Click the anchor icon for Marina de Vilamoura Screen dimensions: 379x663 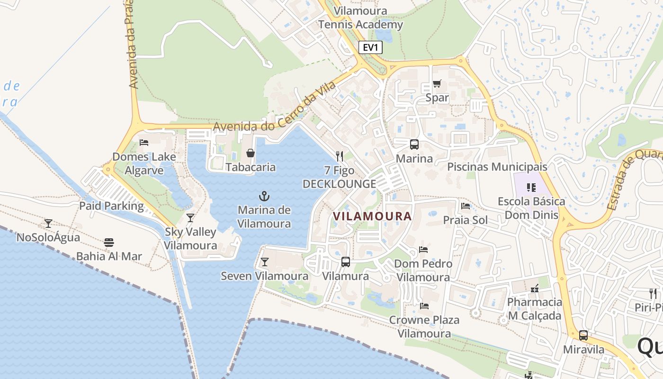click(x=264, y=196)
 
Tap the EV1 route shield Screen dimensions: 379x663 click(x=370, y=47)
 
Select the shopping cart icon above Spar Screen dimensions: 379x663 click(x=437, y=84)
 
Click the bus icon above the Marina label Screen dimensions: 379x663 click(x=414, y=144)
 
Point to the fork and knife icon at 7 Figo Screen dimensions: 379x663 click(x=339, y=156)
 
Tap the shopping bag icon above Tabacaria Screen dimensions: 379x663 click(x=250, y=153)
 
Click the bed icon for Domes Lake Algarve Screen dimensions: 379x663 click(x=144, y=142)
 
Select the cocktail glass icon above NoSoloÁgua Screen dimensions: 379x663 click(x=48, y=223)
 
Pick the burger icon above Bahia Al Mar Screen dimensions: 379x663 click(x=109, y=243)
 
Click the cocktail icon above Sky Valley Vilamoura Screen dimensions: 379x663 click(x=190, y=217)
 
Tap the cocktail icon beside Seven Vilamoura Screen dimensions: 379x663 click(x=264, y=262)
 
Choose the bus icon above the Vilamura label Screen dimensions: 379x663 click(x=346, y=262)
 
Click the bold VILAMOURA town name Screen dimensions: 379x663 click(x=372, y=216)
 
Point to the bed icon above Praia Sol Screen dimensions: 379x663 click(x=465, y=206)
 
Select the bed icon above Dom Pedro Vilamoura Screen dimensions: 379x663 click(x=423, y=249)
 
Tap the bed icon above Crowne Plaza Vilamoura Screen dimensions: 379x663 click(x=424, y=306)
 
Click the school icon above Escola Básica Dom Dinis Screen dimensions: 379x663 click(x=531, y=187)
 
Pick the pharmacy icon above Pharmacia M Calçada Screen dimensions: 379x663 click(x=535, y=288)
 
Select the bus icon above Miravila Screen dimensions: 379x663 click(x=583, y=335)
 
